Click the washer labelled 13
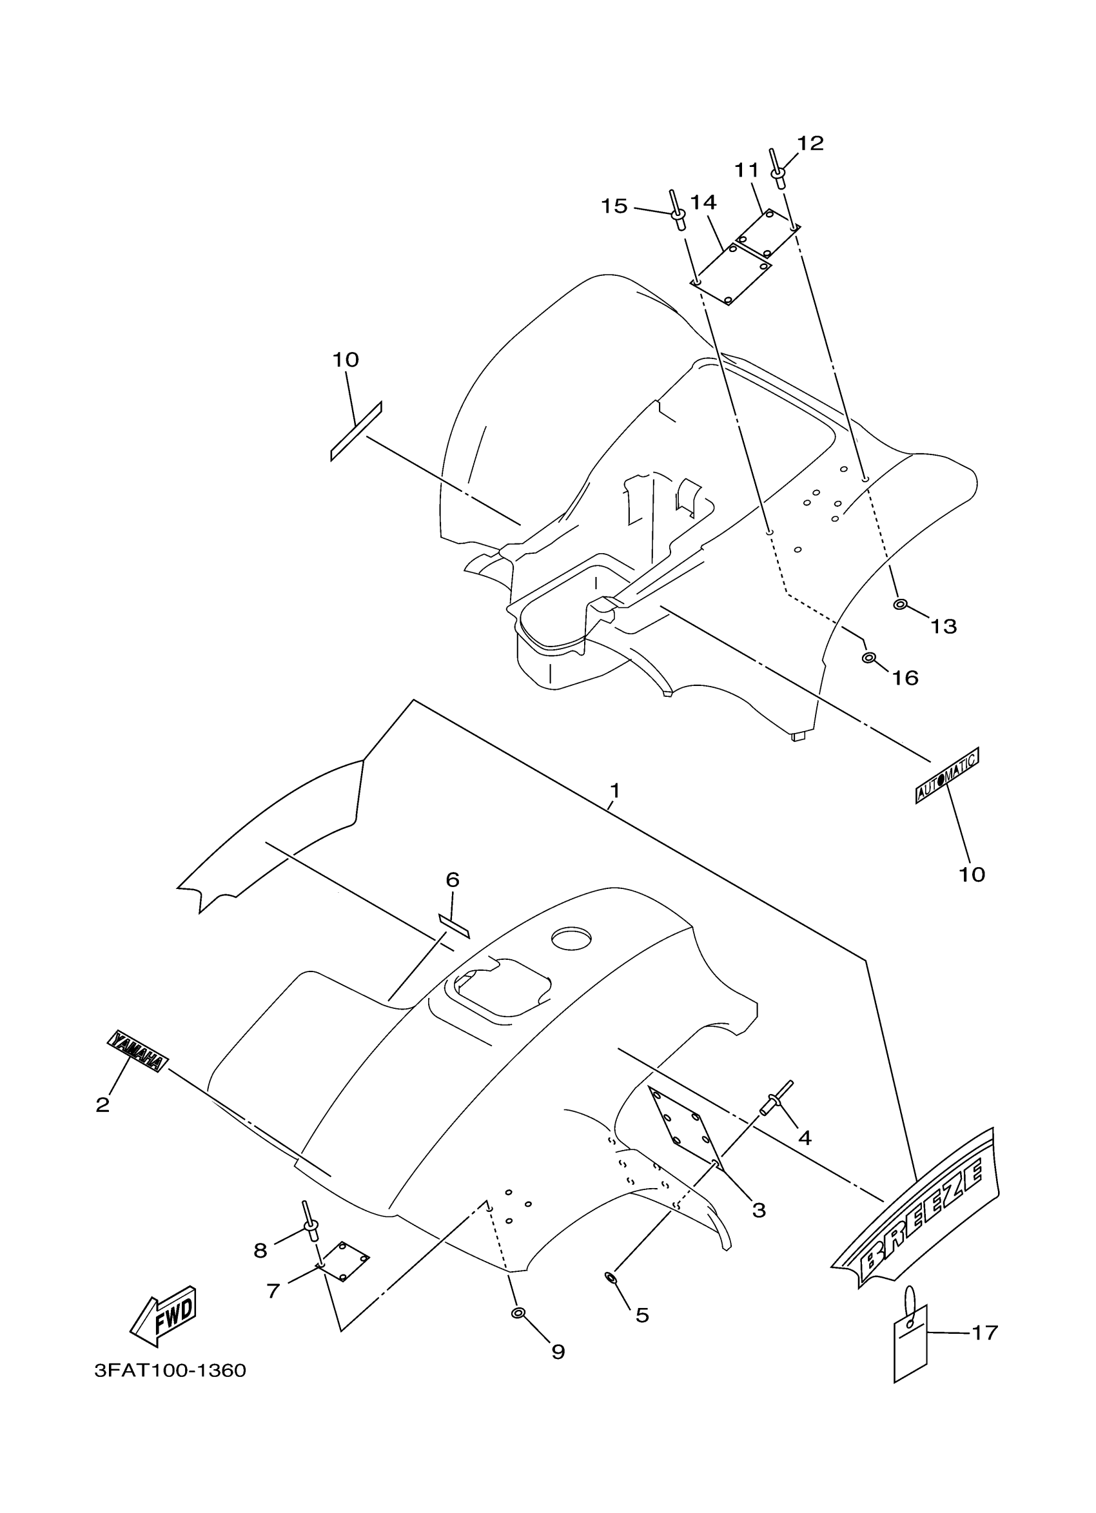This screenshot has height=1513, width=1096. click(899, 605)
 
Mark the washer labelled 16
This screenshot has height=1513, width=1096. click(868, 658)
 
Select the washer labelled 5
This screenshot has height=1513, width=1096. click(611, 1277)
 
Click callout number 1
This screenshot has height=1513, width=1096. click(614, 790)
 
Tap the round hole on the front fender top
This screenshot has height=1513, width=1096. click(571, 939)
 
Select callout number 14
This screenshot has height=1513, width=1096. click(703, 202)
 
